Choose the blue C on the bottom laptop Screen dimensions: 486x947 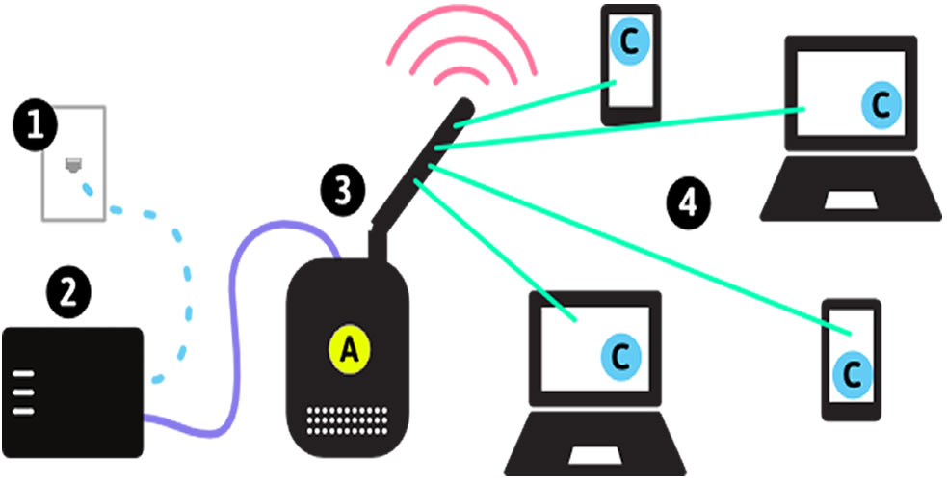[620, 357]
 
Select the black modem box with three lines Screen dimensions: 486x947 [72, 391]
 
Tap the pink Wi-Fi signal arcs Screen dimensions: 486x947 [460, 53]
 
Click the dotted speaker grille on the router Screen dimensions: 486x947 [348, 418]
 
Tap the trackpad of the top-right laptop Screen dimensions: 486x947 [849, 200]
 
